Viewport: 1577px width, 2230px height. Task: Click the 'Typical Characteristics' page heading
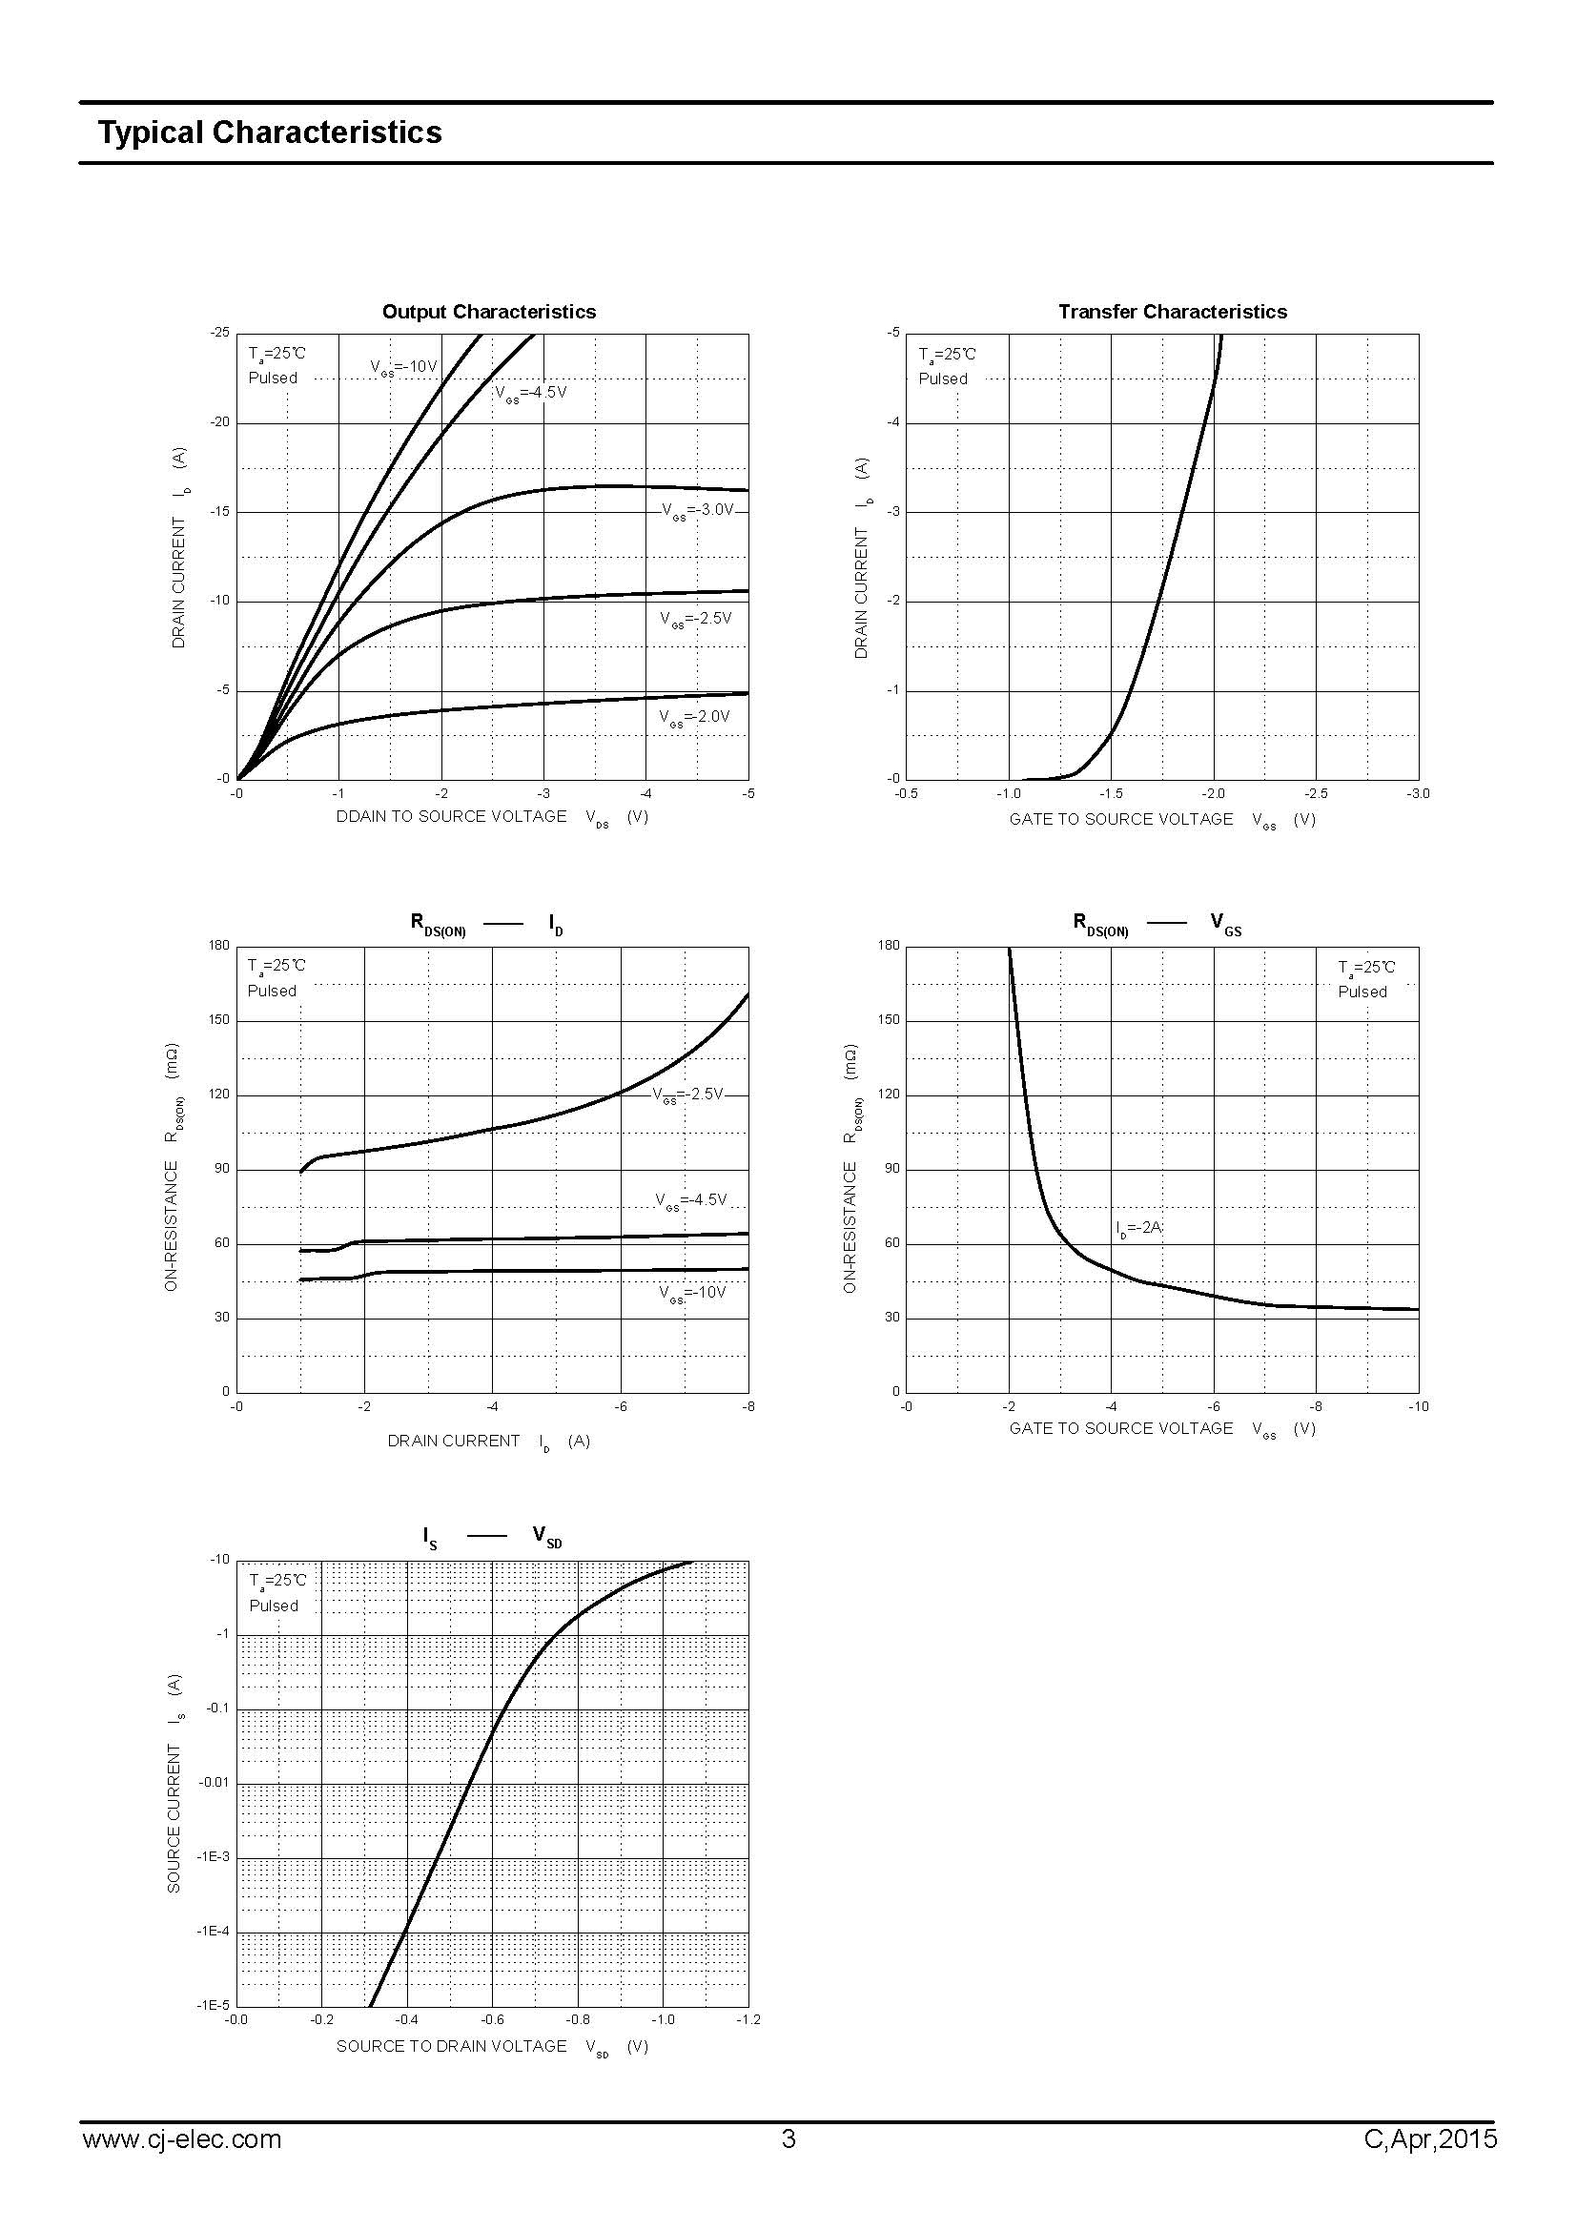point(269,133)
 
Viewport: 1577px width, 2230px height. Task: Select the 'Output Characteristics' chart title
point(488,312)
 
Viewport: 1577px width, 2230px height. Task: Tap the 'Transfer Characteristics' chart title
point(1172,312)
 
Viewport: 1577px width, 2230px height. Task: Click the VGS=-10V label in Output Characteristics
point(404,367)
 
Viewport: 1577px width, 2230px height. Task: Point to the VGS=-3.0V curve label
point(697,511)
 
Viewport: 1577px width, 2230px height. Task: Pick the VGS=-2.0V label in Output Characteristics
point(693,718)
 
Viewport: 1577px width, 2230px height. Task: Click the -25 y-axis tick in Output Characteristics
point(220,333)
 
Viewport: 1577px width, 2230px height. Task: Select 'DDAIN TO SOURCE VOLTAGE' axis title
point(452,817)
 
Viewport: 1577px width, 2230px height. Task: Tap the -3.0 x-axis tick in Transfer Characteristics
point(1418,793)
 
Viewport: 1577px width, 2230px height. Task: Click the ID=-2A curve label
point(1138,1229)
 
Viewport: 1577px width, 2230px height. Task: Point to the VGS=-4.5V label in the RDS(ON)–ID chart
point(690,1201)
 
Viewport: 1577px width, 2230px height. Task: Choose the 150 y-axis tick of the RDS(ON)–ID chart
point(219,1020)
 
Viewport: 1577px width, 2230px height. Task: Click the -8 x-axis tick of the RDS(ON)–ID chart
point(748,1406)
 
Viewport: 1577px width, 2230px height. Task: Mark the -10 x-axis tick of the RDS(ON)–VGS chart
point(1418,1406)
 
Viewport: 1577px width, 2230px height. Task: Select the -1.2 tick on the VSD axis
point(748,2020)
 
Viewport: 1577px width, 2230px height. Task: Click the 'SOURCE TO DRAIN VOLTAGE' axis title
point(452,2046)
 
